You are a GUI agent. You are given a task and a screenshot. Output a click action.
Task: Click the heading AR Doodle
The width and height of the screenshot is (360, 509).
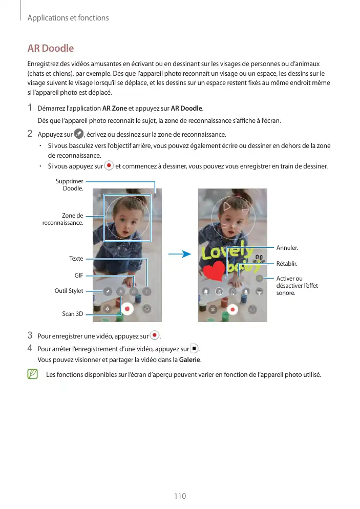point(50,49)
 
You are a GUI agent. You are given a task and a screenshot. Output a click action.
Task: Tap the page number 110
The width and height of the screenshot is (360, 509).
point(180,496)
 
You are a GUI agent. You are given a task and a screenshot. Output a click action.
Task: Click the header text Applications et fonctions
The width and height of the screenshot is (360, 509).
point(68,18)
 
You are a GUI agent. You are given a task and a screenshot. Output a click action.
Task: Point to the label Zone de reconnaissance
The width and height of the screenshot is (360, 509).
point(62,219)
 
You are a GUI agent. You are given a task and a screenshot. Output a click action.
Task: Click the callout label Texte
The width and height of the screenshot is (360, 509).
point(76,259)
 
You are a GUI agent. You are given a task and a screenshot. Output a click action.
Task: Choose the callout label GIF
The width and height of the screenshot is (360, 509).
point(78,275)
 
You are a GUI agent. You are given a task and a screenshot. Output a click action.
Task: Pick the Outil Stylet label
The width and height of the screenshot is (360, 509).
point(69,291)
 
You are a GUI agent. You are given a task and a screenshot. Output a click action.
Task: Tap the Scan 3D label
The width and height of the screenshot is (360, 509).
point(73,313)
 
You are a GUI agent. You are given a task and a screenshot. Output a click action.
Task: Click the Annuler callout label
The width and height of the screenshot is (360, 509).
point(287,248)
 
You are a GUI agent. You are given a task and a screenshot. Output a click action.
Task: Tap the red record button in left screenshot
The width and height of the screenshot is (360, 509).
point(126,309)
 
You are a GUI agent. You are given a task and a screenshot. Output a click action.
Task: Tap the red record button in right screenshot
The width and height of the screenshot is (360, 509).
point(232,309)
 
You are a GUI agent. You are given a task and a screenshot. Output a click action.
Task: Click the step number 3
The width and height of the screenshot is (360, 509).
point(30,336)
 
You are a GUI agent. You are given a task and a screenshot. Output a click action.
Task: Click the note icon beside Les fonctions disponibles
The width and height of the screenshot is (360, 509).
point(33,374)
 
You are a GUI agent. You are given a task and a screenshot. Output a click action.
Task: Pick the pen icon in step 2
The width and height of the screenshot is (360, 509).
point(78,134)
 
